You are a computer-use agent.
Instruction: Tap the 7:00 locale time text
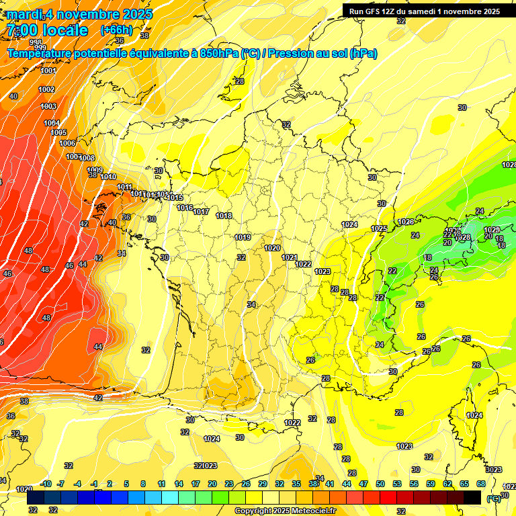click(47, 30)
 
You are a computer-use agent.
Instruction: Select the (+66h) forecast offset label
click(116, 30)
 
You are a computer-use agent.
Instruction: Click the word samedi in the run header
click(422, 11)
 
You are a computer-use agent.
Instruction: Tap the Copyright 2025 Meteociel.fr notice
click(285, 511)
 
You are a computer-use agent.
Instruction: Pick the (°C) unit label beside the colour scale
click(493, 499)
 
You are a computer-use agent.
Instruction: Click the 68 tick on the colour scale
click(481, 484)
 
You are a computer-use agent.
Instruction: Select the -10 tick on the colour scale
click(46, 484)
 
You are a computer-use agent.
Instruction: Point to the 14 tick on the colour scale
click(179, 484)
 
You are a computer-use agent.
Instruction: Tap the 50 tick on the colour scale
click(380, 484)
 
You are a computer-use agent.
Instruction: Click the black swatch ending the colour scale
click(472, 497)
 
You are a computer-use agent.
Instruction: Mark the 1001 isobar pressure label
click(48, 71)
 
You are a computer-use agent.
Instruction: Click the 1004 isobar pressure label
click(52, 123)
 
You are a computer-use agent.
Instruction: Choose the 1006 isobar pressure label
click(67, 143)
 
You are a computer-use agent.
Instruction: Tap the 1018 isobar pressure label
click(224, 216)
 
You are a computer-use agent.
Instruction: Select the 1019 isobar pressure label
click(243, 237)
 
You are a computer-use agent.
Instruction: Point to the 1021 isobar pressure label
click(290, 257)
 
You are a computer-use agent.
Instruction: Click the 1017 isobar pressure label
click(201, 212)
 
